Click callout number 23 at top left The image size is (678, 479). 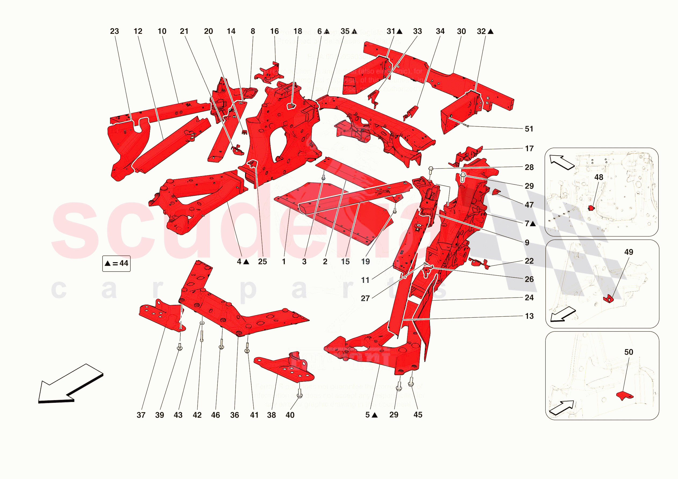tap(114, 31)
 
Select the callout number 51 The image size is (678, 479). tap(529, 129)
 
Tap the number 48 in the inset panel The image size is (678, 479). tap(599, 177)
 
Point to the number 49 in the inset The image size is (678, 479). tap(629, 252)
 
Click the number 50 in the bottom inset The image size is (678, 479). tap(629, 352)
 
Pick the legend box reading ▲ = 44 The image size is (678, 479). tap(116, 264)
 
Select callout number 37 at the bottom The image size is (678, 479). tap(141, 415)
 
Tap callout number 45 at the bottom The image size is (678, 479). tap(418, 415)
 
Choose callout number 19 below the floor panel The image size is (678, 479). tap(365, 262)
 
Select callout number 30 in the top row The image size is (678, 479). tap(461, 31)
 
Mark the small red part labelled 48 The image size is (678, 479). tap(591, 208)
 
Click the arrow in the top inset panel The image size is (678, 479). tap(561, 162)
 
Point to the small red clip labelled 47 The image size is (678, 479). tap(496, 192)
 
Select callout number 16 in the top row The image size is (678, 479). tap(274, 31)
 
